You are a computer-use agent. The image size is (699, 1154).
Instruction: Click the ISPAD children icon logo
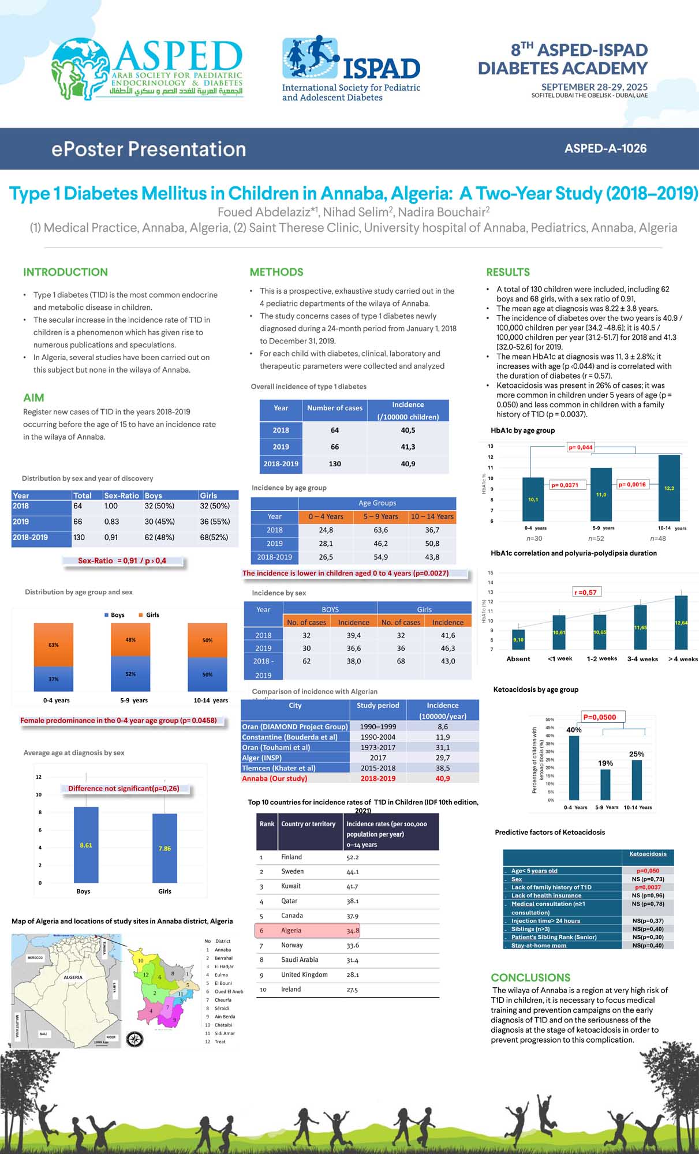coord(309,58)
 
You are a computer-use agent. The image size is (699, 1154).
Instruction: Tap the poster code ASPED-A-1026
coord(605,148)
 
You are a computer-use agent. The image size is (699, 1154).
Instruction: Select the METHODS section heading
coord(276,272)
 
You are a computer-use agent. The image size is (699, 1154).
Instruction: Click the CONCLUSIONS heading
coord(530,977)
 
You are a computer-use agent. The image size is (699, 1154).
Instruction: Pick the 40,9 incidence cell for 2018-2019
coord(408,463)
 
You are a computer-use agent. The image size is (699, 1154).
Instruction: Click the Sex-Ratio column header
coord(121,495)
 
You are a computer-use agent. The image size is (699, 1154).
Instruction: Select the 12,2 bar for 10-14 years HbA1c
coord(668,488)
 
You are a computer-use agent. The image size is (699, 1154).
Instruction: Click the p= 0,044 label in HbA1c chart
coord(580,447)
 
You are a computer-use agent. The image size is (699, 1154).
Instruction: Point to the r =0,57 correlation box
coord(585,592)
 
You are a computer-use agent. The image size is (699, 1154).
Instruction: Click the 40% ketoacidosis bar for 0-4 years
coord(574,767)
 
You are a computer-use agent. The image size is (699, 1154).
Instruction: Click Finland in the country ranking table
coord(291,857)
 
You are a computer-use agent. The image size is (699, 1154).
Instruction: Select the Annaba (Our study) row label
coord(275,778)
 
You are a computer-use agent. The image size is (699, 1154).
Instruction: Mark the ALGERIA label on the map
coord(73,977)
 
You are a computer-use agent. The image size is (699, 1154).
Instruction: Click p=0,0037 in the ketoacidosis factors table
coord(648,887)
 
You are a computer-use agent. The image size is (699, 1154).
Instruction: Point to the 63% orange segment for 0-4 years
coord(54,645)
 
